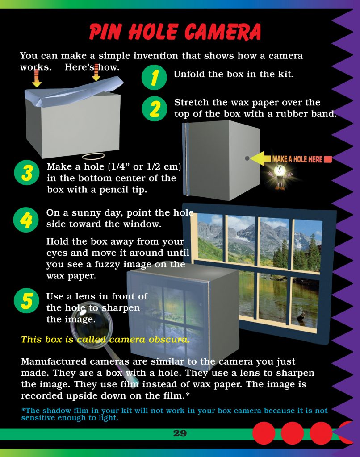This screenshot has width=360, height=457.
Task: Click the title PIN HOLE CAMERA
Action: pos(175,32)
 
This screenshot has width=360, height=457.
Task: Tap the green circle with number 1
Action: pos(154,78)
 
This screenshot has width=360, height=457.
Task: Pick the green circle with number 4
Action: pos(26,220)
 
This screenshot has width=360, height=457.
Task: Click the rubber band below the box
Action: pos(93,156)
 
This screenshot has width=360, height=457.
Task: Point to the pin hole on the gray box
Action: pos(247,158)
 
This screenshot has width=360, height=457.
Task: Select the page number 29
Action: pos(180,433)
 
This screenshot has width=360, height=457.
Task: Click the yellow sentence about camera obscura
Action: pos(105,339)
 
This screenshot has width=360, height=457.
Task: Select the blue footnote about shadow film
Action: pos(174,414)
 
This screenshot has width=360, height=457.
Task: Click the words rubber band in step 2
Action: pos(303,114)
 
